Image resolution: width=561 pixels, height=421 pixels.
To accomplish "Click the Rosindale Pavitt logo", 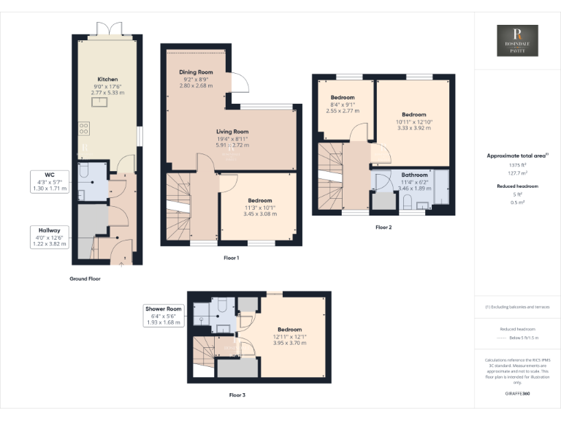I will [x=517, y=41].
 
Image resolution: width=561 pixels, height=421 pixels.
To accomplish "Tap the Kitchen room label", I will [x=107, y=79].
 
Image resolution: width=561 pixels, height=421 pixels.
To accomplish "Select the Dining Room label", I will [x=196, y=72].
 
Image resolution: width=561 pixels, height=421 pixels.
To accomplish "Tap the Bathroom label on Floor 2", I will [x=414, y=175].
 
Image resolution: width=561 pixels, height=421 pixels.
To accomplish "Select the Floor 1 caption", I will [x=231, y=258].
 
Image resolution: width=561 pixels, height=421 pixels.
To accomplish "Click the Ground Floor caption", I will [x=85, y=278].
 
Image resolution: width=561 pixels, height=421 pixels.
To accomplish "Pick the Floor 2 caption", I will [x=383, y=227].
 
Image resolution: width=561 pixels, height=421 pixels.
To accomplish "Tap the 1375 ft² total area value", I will [x=517, y=167].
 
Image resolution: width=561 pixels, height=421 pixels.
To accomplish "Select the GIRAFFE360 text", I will [x=517, y=394].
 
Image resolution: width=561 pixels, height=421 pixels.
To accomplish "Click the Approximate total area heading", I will [x=517, y=156].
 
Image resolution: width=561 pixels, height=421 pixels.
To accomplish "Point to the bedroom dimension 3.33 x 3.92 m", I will [x=414, y=128].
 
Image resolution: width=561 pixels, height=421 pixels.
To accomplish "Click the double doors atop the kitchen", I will [x=107, y=29].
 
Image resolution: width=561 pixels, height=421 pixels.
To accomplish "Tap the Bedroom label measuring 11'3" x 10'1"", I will [x=259, y=200].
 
